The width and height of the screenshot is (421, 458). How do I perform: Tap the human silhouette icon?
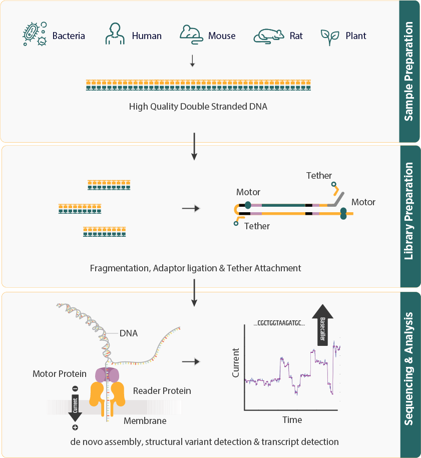(115, 35)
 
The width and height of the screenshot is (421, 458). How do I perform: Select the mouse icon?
(191, 34)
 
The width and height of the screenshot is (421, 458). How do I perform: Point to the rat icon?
(268, 36)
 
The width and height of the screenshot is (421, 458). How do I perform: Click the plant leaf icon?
(330, 36)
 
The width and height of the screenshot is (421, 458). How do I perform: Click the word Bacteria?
(69, 36)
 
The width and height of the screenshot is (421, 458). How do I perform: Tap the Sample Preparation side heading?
(409, 71)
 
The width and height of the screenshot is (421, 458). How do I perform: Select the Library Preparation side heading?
(409, 218)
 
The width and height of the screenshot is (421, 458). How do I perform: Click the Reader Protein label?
(162, 390)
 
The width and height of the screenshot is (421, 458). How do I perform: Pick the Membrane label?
(145, 421)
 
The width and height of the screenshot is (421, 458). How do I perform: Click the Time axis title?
(292, 419)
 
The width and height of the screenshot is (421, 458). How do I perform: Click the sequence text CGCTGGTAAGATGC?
(279, 323)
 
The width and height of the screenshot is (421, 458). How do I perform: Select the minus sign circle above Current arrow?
(75, 388)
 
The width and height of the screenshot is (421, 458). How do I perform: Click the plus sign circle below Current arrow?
(75, 427)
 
